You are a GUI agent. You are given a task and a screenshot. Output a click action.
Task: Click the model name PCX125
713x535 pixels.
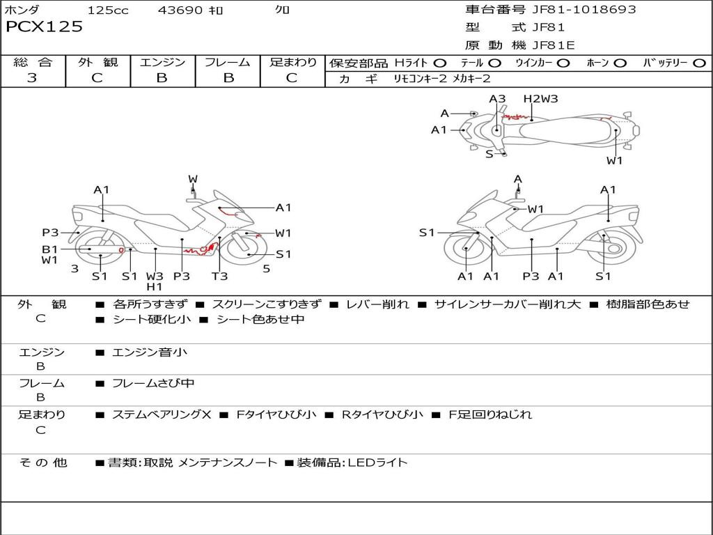point(45,27)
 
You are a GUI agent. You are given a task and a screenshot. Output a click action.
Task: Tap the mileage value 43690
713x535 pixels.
point(180,10)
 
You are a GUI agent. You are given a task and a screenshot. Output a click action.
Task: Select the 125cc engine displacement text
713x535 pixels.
point(108,10)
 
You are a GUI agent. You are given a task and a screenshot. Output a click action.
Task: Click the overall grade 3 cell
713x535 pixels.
point(32,78)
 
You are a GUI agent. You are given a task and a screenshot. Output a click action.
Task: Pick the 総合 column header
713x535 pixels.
point(32,63)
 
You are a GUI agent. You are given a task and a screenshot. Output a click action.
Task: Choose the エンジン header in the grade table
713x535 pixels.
point(162,63)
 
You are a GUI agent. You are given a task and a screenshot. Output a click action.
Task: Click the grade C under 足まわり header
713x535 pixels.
point(292,78)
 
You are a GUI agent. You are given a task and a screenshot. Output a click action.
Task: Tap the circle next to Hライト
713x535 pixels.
point(440,63)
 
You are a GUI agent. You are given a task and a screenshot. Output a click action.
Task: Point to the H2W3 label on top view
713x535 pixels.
point(541,99)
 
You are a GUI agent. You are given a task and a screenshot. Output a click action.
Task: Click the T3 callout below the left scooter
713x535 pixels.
point(219,276)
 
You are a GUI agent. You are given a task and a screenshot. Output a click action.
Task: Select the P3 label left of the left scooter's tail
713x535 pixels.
point(50,233)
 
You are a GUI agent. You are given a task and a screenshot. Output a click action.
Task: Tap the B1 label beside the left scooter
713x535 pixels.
point(49,249)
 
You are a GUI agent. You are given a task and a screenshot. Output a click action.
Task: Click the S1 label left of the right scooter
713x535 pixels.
point(427,233)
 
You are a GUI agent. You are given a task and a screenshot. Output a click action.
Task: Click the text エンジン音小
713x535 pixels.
point(150,352)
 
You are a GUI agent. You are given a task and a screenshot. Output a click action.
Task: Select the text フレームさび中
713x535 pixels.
point(153,383)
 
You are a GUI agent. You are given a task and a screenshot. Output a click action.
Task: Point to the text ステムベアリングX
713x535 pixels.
point(162,414)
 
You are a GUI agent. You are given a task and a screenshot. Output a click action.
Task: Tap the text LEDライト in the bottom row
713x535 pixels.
point(377,462)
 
